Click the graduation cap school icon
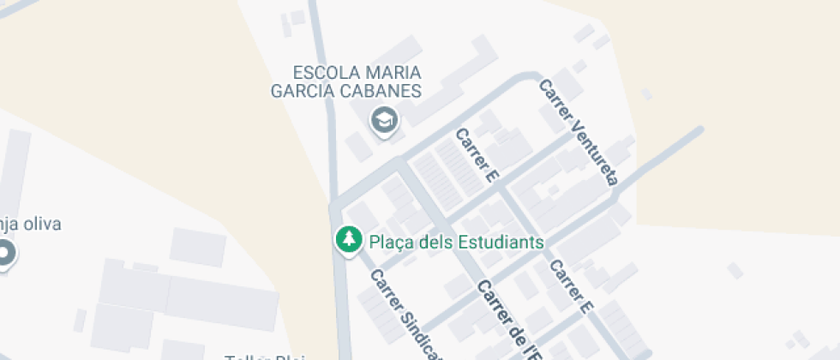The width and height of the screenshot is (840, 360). tap(384, 120)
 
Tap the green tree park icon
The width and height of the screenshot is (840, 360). tap(348, 241)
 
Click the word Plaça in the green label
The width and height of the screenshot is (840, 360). tap(392, 242)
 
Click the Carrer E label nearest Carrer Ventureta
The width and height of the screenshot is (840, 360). tap(477, 156)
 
